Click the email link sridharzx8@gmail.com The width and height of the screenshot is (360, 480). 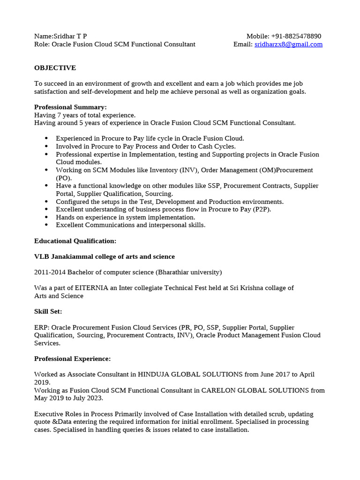pos(288,45)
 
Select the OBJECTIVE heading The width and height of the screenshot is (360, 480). pos(55,68)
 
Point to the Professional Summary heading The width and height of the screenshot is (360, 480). pos(70,107)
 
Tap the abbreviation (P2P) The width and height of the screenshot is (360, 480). pos(262,210)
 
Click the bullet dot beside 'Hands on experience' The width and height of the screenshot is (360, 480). pos(46,217)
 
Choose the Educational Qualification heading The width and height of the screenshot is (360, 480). pos(75,241)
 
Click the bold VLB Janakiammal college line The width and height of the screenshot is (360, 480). pos(104,257)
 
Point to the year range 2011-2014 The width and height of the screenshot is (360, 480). pos(50,272)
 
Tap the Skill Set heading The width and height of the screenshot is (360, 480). pos(48,312)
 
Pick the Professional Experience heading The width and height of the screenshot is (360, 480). pos(72,359)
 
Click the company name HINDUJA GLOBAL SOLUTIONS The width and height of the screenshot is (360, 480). pos(190,375)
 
